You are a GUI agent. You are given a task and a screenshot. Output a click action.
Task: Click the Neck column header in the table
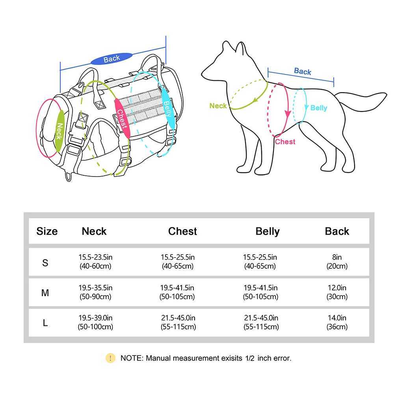(x=94, y=231)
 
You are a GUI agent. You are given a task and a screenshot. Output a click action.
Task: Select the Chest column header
(x=182, y=231)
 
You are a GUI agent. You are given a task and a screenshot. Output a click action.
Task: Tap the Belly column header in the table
(x=268, y=231)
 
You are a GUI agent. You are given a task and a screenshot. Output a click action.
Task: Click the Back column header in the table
(x=337, y=231)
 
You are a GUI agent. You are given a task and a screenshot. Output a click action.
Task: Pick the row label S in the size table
(x=45, y=262)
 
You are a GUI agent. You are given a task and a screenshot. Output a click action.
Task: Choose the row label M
(x=45, y=293)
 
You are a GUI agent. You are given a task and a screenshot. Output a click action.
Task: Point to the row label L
(x=45, y=323)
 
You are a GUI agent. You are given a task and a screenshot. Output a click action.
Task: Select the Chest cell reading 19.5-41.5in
(x=177, y=292)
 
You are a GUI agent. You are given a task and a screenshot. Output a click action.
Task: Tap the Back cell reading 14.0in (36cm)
(x=337, y=322)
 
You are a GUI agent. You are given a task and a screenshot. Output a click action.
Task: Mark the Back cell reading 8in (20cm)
(x=337, y=262)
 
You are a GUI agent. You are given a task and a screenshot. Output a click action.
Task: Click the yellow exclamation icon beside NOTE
(x=110, y=358)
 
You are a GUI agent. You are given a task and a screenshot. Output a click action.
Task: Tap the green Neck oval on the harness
(x=59, y=131)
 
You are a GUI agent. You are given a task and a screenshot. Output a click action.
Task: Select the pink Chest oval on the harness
(x=121, y=118)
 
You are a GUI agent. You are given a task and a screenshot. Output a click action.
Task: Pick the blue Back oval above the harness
(x=112, y=59)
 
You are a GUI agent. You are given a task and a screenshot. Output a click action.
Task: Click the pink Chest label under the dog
(x=285, y=142)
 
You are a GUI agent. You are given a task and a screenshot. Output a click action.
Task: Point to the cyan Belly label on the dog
(x=318, y=108)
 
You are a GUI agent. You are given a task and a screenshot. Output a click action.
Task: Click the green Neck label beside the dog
(x=218, y=106)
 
